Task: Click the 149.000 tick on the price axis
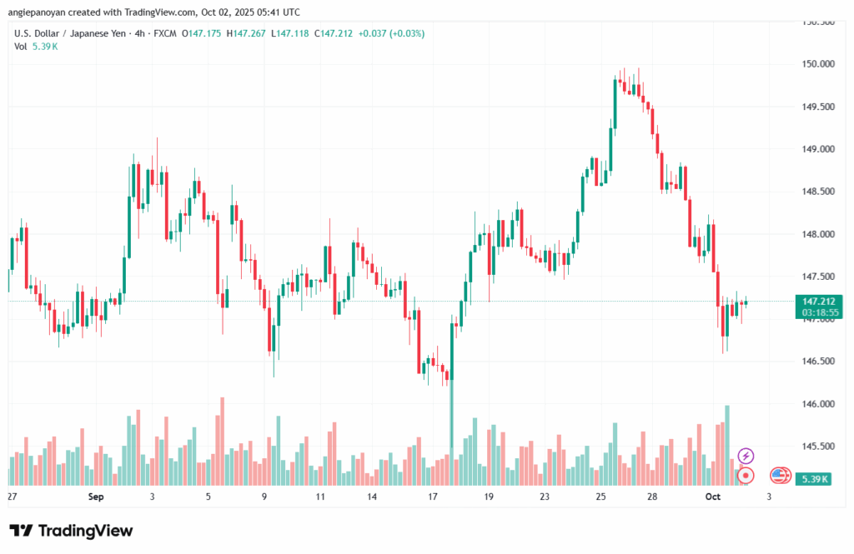(x=813, y=149)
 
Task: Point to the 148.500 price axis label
(x=813, y=192)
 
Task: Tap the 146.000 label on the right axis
(x=813, y=404)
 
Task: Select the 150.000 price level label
(x=813, y=64)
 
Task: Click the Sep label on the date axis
(x=95, y=497)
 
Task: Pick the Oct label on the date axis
(x=711, y=497)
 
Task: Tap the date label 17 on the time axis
(x=432, y=497)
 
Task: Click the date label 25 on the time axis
(x=601, y=497)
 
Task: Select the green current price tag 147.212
(x=818, y=302)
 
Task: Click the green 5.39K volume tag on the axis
(x=813, y=479)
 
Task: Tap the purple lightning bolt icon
(x=746, y=456)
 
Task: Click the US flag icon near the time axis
(x=780, y=476)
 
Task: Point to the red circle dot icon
(x=746, y=476)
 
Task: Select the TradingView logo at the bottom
(x=71, y=531)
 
